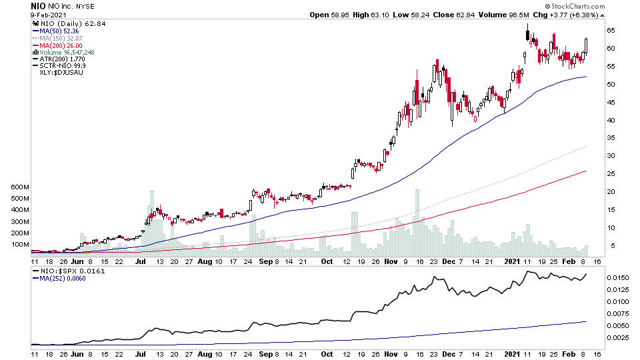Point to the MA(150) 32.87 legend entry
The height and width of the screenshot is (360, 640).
coord(64,38)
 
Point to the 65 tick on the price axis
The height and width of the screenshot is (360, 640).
coord(611,31)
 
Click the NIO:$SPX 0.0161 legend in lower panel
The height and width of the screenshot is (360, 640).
coord(64,271)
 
